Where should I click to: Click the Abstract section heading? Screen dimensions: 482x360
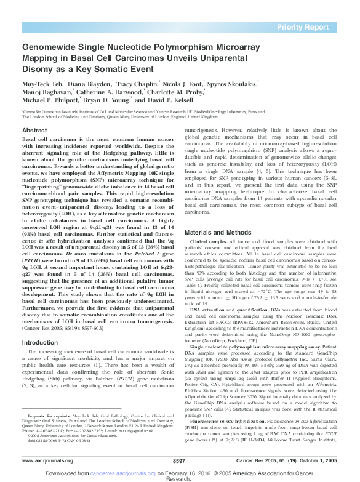point(34,131)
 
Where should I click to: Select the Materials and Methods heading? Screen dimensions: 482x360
point(222,214)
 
